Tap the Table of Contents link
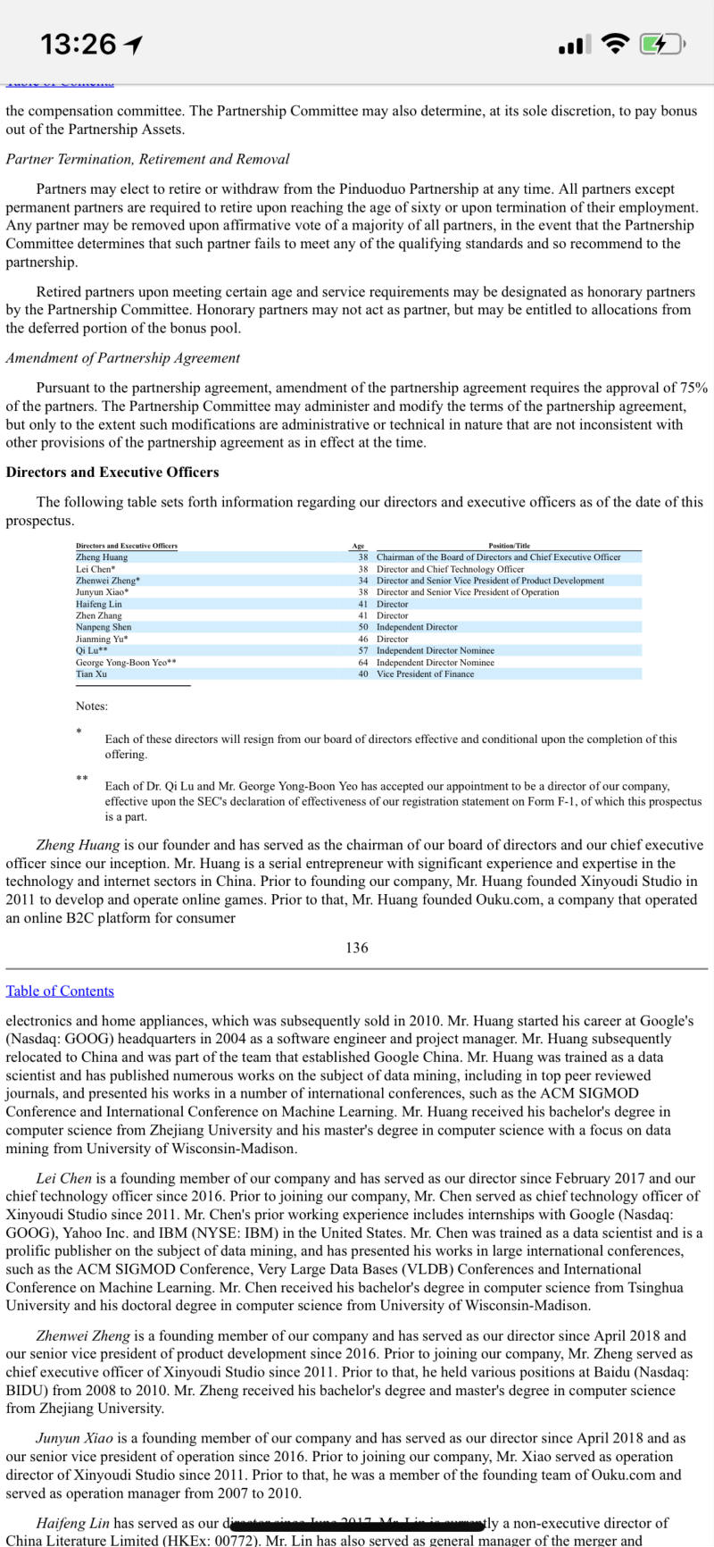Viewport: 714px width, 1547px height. (60, 991)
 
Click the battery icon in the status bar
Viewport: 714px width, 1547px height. (661, 44)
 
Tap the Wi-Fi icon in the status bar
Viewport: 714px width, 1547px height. (615, 44)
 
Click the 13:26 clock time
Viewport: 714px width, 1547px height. (78, 44)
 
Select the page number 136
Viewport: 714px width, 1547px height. (356, 948)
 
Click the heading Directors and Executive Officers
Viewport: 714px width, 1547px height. (112, 472)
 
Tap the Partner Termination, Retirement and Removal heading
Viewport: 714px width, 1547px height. (147, 159)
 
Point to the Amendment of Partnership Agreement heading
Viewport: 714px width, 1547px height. (123, 357)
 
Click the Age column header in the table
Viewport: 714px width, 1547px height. (358, 546)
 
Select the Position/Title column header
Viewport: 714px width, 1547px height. (509, 546)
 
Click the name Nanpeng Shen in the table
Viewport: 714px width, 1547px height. (104, 627)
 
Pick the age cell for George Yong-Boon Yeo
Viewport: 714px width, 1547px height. (363, 662)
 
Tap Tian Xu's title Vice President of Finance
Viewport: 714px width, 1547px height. (425, 673)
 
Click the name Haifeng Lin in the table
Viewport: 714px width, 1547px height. (99, 604)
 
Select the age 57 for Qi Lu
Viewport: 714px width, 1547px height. (363, 650)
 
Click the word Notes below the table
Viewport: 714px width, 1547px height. (92, 706)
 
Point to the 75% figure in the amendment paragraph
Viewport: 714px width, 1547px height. (693, 388)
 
